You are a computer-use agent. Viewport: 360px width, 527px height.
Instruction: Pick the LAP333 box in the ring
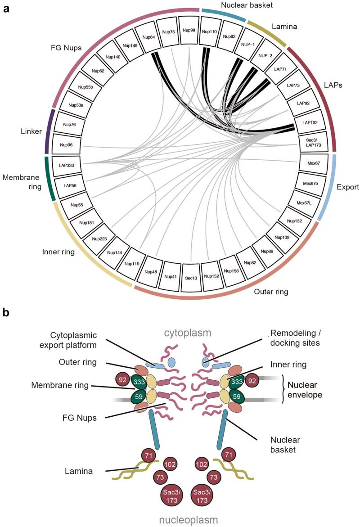tap(66, 165)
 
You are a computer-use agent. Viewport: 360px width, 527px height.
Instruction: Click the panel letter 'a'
tap(6, 8)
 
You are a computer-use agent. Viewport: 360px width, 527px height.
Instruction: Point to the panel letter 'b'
tap(6, 312)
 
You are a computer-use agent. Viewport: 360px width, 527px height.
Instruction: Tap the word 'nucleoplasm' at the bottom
tap(188, 520)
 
